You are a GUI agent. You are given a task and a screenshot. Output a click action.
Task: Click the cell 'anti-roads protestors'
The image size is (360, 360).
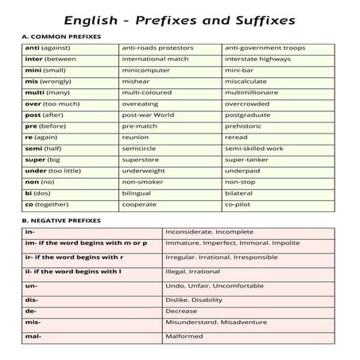tap(157, 48)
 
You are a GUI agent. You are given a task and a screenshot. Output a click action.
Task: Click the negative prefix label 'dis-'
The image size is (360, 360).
tap(33, 298)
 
